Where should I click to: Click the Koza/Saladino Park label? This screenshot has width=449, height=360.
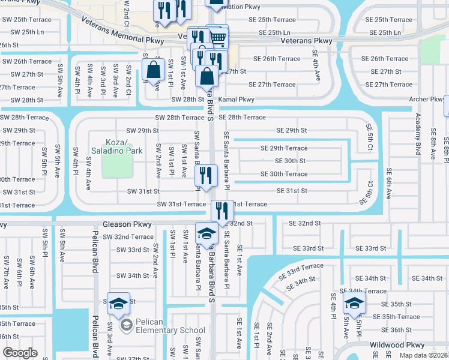116,146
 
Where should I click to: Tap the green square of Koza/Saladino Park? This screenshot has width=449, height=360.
116,166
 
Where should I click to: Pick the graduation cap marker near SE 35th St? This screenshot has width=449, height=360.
354,303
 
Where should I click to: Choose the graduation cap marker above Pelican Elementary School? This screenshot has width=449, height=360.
118,305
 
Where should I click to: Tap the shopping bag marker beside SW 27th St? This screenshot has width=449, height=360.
154,70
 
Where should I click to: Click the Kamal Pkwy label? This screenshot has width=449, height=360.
236,99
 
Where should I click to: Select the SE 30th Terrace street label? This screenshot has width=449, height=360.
284,174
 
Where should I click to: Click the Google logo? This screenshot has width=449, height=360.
20,353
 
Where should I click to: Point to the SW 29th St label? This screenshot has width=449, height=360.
142,130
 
